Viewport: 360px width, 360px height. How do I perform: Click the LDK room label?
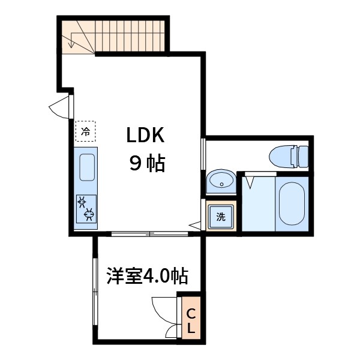coord(145,136)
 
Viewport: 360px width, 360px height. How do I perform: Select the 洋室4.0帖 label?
coord(147,277)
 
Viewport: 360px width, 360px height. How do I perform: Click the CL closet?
coord(190,320)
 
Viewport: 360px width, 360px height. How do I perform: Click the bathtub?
coord(292,203)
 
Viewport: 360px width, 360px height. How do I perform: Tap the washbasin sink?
coord(221,181)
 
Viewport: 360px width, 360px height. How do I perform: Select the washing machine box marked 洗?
coord(221,217)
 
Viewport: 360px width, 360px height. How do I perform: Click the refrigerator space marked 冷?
coord(86,130)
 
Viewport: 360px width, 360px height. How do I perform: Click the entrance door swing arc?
coord(59,108)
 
